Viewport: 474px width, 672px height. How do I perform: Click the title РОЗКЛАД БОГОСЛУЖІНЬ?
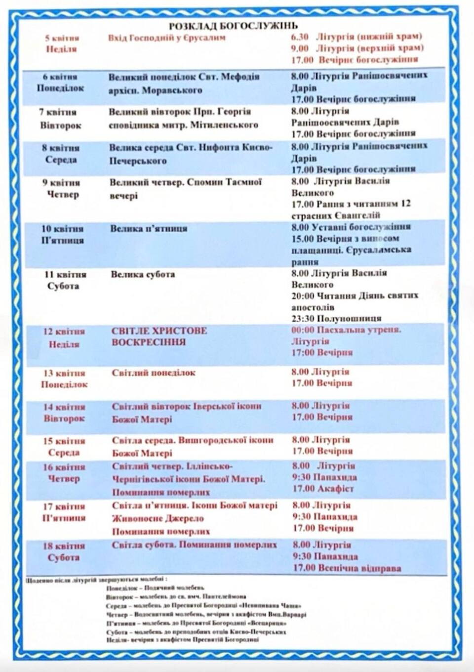click(x=233, y=26)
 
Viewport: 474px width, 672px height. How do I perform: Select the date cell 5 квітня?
click(x=62, y=38)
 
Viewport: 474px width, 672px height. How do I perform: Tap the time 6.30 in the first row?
click(x=299, y=37)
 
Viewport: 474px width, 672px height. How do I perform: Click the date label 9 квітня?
click(x=61, y=182)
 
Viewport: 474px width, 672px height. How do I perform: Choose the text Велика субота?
click(x=143, y=274)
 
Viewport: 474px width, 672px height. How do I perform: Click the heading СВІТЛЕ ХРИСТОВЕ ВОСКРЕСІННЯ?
click(x=159, y=336)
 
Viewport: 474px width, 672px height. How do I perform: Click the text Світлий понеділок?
click(x=154, y=373)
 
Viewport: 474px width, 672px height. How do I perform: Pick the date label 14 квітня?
click(x=64, y=407)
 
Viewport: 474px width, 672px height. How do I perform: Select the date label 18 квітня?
click(x=64, y=546)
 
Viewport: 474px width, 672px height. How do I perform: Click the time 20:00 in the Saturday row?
click(x=302, y=295)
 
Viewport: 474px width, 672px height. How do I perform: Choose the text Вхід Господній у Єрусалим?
click(x=166, y=38)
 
